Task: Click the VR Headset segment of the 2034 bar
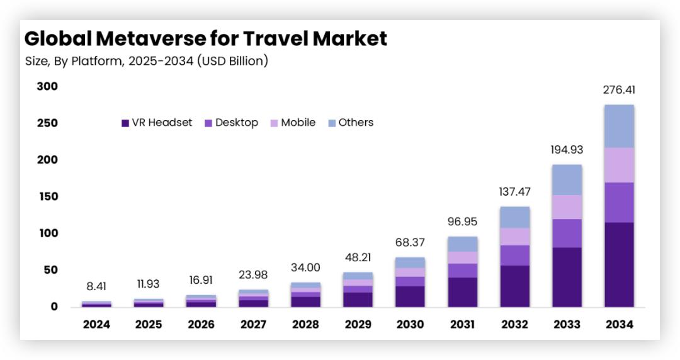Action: [619, 264]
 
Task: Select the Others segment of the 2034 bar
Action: [619, 126]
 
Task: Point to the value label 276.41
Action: [619, 90]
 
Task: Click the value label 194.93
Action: [566, 150]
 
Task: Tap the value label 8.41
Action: [96, 286]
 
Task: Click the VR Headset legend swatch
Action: [125, 123]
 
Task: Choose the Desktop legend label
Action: [237, 123]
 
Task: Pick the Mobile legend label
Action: [298, 123]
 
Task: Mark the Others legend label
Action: [356, 123]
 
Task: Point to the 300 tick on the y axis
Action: [47, 86]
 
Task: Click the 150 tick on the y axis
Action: [47, 196]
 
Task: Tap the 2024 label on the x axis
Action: [96, 325]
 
